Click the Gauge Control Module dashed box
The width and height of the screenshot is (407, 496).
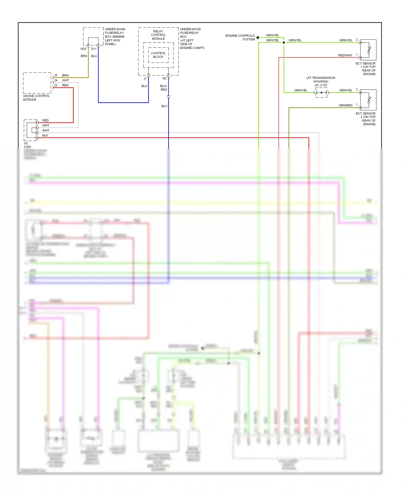pyautogui.click(x=37, y=83)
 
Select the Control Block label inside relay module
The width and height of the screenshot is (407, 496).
pyautogui.click(x=158, y=55)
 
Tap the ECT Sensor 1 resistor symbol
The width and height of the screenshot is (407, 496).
pyautogui.click(x=369, y=50)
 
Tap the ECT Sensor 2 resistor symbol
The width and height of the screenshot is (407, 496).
pyautogui.click(x=369, y=100)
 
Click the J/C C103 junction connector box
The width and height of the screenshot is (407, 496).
pyautogui.click(x=322, y=93)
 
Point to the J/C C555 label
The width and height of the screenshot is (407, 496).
pyautogui.click(x=27, y=145)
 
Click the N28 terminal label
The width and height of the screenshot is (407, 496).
pyautogui.click(x=83, y=49)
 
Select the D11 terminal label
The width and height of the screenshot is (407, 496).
pyautogui.click(x=94, y=49)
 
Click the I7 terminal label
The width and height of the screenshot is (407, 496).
pyautogui.click(x=145, y=79)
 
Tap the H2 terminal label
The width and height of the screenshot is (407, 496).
pyautogui.click(x=164, y=78)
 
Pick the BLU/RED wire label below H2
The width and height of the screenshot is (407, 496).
pyautogui.click(x=164, y=88)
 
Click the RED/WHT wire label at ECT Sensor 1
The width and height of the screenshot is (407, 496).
pyautogui.click(x=345, y=55)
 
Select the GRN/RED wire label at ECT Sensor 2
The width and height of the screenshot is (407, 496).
pyautogui.click(x=345, y=105)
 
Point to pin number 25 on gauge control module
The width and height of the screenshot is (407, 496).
pyautogui.click(x=56, y=75)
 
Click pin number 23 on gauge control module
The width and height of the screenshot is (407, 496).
pyautogui.click(x=56, y=85)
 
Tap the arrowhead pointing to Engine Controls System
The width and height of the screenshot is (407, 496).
pyautogui.click(x=257, y=37)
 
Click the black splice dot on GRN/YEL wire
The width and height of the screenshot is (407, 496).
pyautogui.click(x=284, y=43)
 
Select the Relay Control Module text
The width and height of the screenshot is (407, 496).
pyautogui.click(x=158, y=35)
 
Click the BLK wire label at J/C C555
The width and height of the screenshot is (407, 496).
pyautogui.click(x=45, y=135)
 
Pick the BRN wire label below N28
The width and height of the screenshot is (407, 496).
pyautogui.click(x=84, y=56)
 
